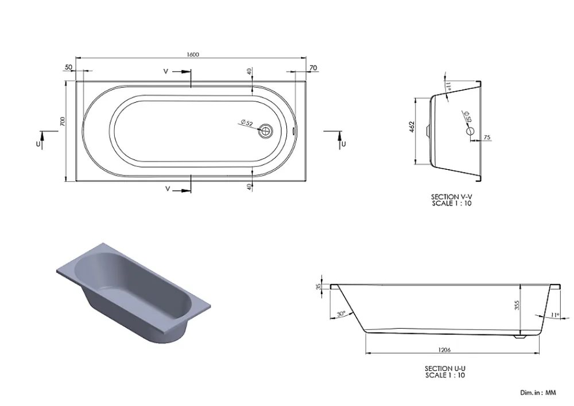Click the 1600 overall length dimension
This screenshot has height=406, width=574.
[x=192, y=54]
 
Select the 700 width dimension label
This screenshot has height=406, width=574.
[x=62, y=122]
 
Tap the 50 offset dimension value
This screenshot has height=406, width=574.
[x=68, y=67]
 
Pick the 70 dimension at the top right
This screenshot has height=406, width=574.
[x=313, y=68]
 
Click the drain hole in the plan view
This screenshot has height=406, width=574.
[x=266, y=131]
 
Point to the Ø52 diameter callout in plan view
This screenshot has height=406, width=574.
[x=247, y=123]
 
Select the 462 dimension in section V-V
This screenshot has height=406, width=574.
[x=412, y=127]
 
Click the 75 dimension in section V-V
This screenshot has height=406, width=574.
[x=487, y=138]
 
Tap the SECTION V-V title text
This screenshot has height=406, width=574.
[x=451, y=197]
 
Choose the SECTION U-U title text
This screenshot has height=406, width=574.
[x=445, y=369]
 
